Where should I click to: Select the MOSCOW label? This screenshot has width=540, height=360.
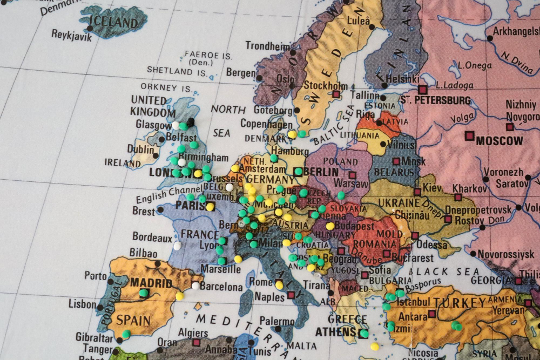[499, 141]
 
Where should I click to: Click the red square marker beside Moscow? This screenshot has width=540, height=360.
[469, 135]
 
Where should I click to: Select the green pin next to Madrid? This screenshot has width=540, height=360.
[144, 293]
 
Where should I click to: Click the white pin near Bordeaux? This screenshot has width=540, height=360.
[177, 246]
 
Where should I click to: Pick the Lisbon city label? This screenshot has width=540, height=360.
[82, 304]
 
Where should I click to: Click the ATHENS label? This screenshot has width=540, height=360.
[334, 331]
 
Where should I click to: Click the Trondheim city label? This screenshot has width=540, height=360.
[267, 46]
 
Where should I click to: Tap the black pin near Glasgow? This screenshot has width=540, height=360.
[191, 121]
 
